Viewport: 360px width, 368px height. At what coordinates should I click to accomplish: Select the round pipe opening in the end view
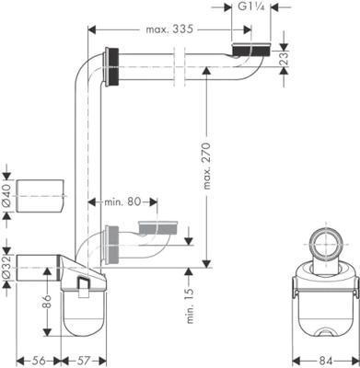click(325, 242)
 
